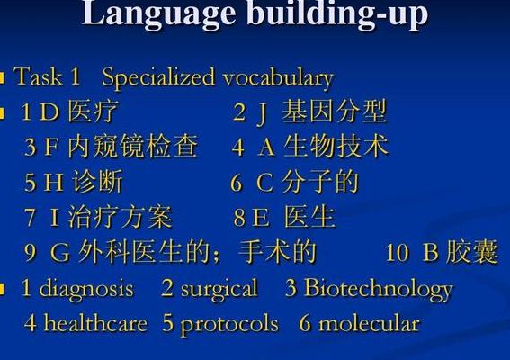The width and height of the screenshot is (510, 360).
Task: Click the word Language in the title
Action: coord(158,14)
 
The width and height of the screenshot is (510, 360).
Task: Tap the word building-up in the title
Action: coord(337,14)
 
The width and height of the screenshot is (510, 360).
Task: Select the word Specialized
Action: coord(158,78)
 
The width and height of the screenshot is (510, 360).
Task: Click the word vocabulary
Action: coord(279,79)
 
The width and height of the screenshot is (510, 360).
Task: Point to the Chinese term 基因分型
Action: coord(335,112)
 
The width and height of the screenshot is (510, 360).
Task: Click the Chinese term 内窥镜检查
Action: coord(133,147)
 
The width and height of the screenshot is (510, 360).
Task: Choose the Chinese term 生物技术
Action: coord(336,147)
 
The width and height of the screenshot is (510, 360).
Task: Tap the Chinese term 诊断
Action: coord(97,182)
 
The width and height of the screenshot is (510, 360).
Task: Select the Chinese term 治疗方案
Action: coord(120,217)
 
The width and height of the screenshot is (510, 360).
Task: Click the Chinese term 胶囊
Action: coord(472,252)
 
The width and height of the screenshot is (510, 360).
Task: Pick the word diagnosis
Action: coord(86,288)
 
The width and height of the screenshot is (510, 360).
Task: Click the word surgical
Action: coord(219,289)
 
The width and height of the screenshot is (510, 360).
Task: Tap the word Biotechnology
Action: coord(379,290)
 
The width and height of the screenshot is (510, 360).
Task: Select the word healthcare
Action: coord(95,322)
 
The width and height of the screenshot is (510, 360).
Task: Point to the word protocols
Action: coord(229,324)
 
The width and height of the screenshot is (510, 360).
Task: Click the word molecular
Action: coord(369,322)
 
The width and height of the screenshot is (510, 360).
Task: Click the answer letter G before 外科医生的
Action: coord(60,252)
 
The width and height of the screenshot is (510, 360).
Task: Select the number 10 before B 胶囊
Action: coord(397,253)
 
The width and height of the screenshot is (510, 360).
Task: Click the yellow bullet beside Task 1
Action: coord(3,77)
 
